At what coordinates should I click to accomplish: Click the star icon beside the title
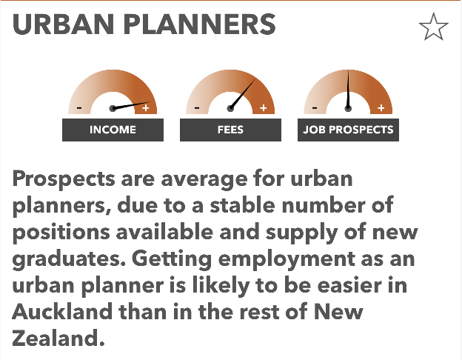pos(433,27)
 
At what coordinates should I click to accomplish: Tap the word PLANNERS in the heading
pos(199,24)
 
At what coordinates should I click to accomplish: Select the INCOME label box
pos(113,130)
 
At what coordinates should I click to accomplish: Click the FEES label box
pos(230,130)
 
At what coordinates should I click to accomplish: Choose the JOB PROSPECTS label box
pos(348,130)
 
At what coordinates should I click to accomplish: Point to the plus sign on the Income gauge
pos(146,108)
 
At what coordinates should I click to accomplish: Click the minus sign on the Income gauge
pos(79,108)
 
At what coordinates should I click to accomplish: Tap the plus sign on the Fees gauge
pos(264,108)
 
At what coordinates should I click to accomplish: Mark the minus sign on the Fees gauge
pos(197,108)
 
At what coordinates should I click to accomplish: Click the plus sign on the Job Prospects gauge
pos(381,108)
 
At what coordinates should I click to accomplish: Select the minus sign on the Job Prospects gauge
pos(315,108)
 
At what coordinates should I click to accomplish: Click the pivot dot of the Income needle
pos(113,108)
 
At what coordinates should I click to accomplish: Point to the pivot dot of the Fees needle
pos(230,108)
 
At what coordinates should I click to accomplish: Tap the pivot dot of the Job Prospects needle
pos(348,108)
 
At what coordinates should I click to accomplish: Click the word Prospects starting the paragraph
pos(64,179)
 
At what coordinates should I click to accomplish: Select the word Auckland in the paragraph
pos(62,311)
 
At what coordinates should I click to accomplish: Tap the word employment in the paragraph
pos(287,259)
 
